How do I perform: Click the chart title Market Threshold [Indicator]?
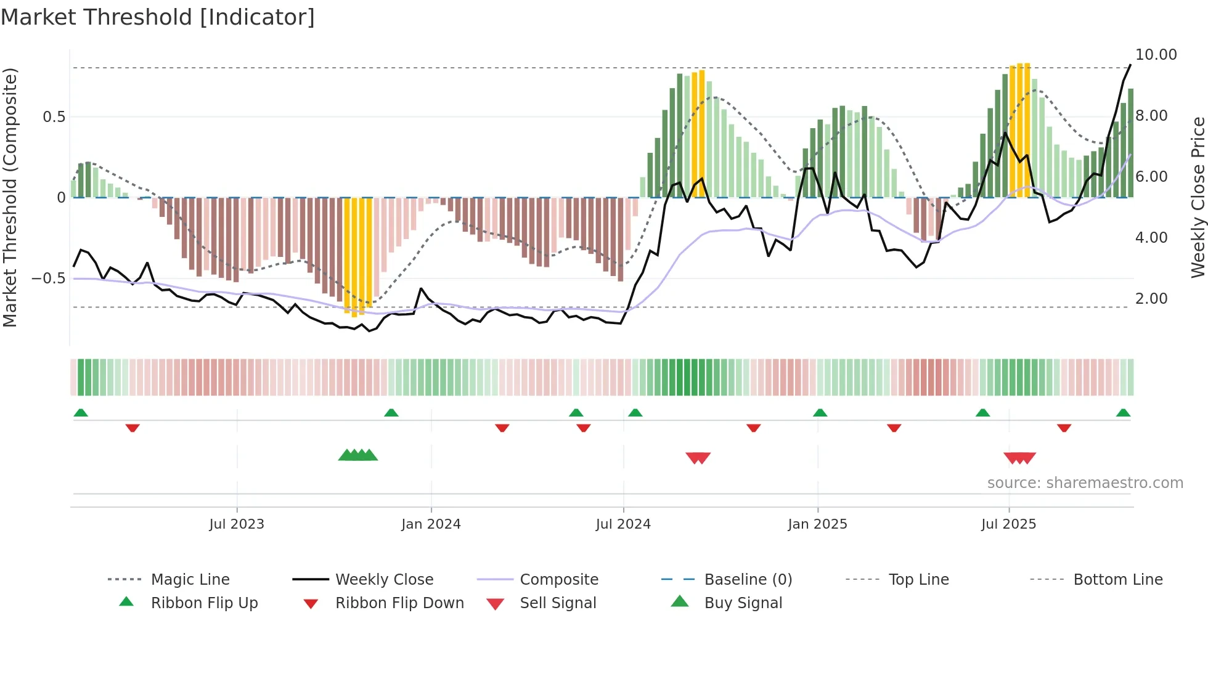[x=158, y=17]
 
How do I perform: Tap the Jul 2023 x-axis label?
[x=237, y=524]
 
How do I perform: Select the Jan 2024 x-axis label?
[x=431, y=524]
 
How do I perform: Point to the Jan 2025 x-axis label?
[x=817, y=524]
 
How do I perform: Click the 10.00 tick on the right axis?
[x=1156, y=55]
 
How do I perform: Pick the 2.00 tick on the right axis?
[x=1151, y=299]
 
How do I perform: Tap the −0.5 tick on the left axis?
[x=49, y=279]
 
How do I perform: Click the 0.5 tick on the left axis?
[x=54, y=117]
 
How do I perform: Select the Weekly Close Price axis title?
[x=1198, y=197]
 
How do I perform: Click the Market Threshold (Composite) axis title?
[x=10, y=197]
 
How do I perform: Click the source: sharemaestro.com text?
[x=1085, y=483]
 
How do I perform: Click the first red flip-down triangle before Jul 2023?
[x=133, y=428]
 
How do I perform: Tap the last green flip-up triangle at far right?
[x=1123, y=413]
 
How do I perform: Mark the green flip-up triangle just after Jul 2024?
[x=635, y=413]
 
